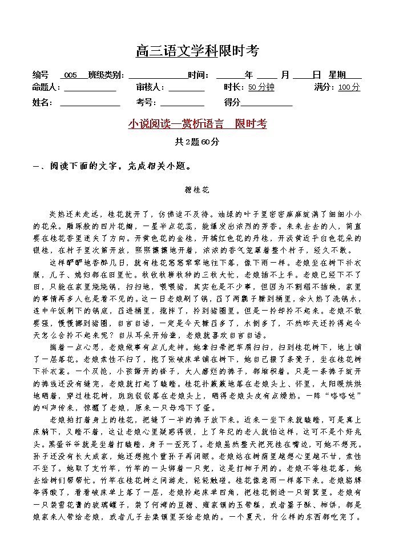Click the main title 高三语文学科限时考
[x=197, y=51]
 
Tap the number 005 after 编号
[x=71, y=75]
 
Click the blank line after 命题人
[x=90, y=88]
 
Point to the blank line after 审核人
[x=186, y=88]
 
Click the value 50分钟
[x=261, y=87]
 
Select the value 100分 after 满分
[x=349, y=87]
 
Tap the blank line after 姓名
[x=90, y=103]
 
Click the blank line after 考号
[x=182, y=103]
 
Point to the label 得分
[x=232, y=102]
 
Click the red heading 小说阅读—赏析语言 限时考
[x=197, y=124]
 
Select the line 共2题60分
[x=197, y=142]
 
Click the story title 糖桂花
[x=197, y=188]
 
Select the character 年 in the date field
[x=248, y=75]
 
